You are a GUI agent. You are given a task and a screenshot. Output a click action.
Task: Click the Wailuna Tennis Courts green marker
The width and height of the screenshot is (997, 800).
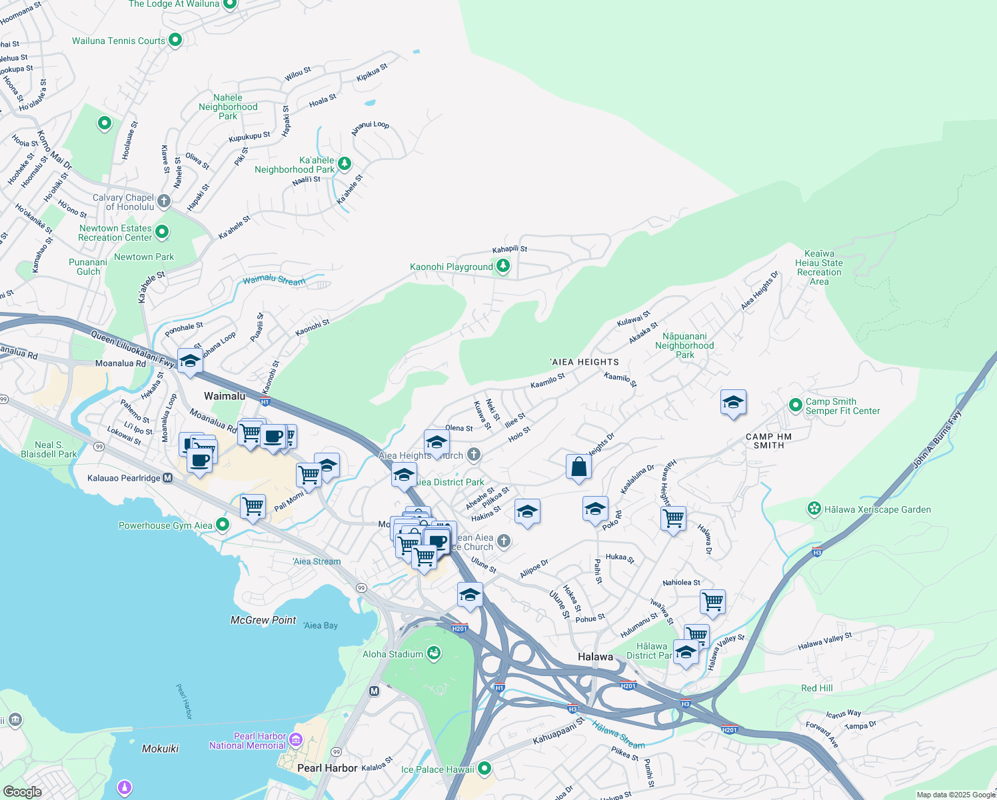(x=175, y=40)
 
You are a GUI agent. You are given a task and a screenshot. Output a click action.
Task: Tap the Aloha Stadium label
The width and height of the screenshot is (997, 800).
(x=393, y=654)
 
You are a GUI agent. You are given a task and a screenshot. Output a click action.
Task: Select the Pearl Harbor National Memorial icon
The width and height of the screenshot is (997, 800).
(x=297, y=740)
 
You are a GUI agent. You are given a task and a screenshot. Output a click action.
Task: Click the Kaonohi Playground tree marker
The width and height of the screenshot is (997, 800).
(x=503, y=267)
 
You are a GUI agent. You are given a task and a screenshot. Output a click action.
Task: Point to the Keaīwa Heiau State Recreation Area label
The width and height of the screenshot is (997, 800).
(x=819, y=267)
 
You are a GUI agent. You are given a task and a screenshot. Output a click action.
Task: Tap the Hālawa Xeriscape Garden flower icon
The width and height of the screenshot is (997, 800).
(x=814, y=509)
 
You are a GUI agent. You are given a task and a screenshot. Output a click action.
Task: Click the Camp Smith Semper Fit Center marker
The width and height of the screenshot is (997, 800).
(x=795, y=405)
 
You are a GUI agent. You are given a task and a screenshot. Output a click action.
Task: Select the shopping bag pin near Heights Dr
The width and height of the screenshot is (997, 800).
(x=578, y=467)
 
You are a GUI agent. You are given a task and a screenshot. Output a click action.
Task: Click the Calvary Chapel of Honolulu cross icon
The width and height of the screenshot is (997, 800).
(x=164, y=201)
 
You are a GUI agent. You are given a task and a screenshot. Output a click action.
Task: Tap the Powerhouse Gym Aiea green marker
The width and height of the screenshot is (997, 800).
(x=223, y=525)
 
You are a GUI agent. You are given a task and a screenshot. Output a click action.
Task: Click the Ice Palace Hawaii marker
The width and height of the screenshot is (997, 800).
(x=485, y=769)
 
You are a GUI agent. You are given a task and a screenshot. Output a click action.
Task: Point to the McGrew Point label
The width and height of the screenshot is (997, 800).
(x=263, y=620)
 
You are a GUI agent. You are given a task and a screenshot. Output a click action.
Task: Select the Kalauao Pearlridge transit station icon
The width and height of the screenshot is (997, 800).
(x=168, y=478)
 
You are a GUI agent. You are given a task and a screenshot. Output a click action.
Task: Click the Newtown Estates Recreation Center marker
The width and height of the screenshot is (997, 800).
(x=162, y=232)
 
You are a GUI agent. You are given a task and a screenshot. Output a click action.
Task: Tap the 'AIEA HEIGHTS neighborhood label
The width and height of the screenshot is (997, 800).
(x=584, y=362)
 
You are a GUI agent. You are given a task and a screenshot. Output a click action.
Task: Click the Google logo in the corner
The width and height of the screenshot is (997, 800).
(x=22, y=791)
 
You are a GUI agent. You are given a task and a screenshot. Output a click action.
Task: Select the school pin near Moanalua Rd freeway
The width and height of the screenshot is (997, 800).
(x=190, y=361)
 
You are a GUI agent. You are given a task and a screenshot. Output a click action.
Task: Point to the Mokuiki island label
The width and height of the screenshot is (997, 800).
(x=160, y=749)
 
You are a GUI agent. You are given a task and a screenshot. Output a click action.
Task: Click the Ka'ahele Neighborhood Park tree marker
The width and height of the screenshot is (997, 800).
(x=344, y=163)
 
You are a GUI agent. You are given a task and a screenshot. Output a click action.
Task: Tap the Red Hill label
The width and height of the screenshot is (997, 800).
(x=816, y=688)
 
